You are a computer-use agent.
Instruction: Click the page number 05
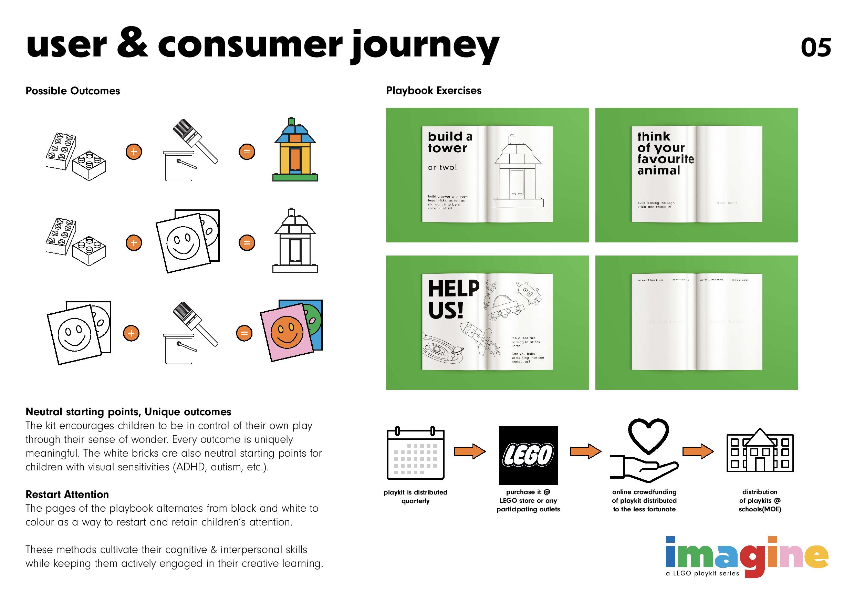point(815,48)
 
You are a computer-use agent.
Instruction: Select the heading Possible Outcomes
point(73,91)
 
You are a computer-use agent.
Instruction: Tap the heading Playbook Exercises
point(434,91)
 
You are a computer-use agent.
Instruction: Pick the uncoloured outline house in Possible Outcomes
point(295,241)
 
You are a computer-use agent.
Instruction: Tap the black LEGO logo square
point(528,455)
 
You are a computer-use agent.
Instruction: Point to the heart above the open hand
point(648,436)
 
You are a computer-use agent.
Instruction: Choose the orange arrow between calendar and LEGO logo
point(469,451)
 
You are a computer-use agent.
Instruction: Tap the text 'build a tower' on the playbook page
point(450,142)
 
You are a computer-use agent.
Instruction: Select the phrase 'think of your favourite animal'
point(665,153)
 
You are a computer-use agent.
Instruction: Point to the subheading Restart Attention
point(67,494)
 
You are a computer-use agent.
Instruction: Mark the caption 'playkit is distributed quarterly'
point(416,497)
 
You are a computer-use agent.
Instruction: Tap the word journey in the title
point(424,46)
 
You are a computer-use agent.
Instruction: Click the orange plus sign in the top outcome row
point(134,152)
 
